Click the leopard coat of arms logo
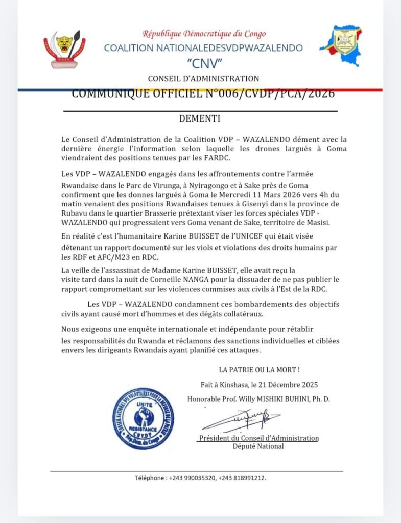[x=64, y=50]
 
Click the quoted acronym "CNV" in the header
[x=203, y=63]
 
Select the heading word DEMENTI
[x=200, y=119]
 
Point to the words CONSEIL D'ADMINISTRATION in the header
[x=203, y=79]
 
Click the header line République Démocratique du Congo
[x=204, y=34]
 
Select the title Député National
[x=258, y=446]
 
